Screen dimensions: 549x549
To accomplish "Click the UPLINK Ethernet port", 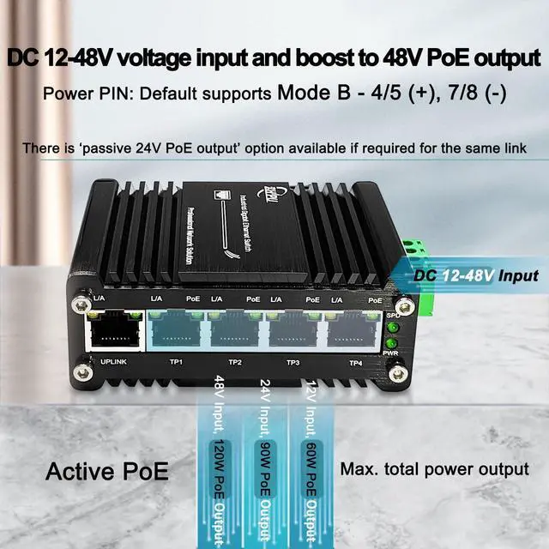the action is click(x=113, y=331).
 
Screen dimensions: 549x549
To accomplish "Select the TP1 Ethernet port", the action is click(x=176, y=331).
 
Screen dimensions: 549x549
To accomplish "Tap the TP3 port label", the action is click(x=293, y=363).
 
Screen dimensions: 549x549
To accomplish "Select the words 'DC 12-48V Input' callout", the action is click(x=476, y=276).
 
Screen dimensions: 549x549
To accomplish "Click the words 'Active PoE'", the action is click(x=106, y=471).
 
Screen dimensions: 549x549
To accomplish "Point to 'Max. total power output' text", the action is click(x=434, y=469).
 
